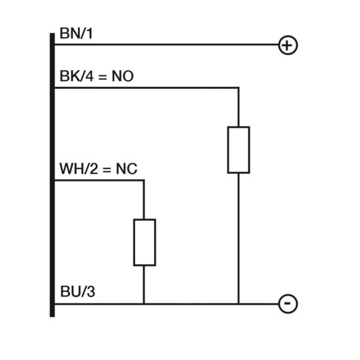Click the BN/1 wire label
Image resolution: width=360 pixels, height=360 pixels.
pyautogui.click(x=76, y=33)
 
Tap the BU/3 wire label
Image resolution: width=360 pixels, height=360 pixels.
pyautogui.click(x=77, y=292)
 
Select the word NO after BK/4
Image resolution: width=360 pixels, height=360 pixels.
pyautogui.click(x=122, y=76)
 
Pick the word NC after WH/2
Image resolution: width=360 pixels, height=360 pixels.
pyautogui.click(x=127, y=169)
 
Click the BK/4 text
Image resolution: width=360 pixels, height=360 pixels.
pyautogui.click(x=76, y=76)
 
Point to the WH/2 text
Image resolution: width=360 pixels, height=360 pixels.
pyautogui.click(x=79, y=169)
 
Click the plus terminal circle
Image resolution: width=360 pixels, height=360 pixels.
pyautogui.click(x=288, y=45)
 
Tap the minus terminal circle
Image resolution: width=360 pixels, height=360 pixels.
pyautogui.click(x=288, y=304)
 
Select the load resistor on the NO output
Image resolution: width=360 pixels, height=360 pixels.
pyautogui.click(x=239, y=149)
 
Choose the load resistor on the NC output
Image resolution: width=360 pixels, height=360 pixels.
pyautogui.click(x=145, y=242)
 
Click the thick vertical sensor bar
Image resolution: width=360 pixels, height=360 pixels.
pyautogui.click(x=52, y=175)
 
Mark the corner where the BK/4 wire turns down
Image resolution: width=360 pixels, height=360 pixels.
pyautogui.click(x=239, y=88)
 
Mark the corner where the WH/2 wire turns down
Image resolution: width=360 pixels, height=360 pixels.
pyautogui.click(x=144, y=181)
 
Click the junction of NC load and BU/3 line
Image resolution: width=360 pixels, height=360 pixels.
pyautogui.click(x=144, y=304)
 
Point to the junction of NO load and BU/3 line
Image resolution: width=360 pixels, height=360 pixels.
pyautogui.click(x=239, y=304)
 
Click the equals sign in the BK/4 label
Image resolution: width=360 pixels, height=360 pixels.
pyautogui.click(x=103, y=77)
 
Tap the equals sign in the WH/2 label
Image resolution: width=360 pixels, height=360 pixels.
pyautogui.click(x=107, y=170)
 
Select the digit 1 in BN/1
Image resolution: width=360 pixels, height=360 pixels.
pyautogui.click(x=89, y=33)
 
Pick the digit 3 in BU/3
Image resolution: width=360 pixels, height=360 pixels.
pyautogui.click(x=91, y=292)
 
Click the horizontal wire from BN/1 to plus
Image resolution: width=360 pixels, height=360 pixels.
pyautogui.click(x=167, y=44)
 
